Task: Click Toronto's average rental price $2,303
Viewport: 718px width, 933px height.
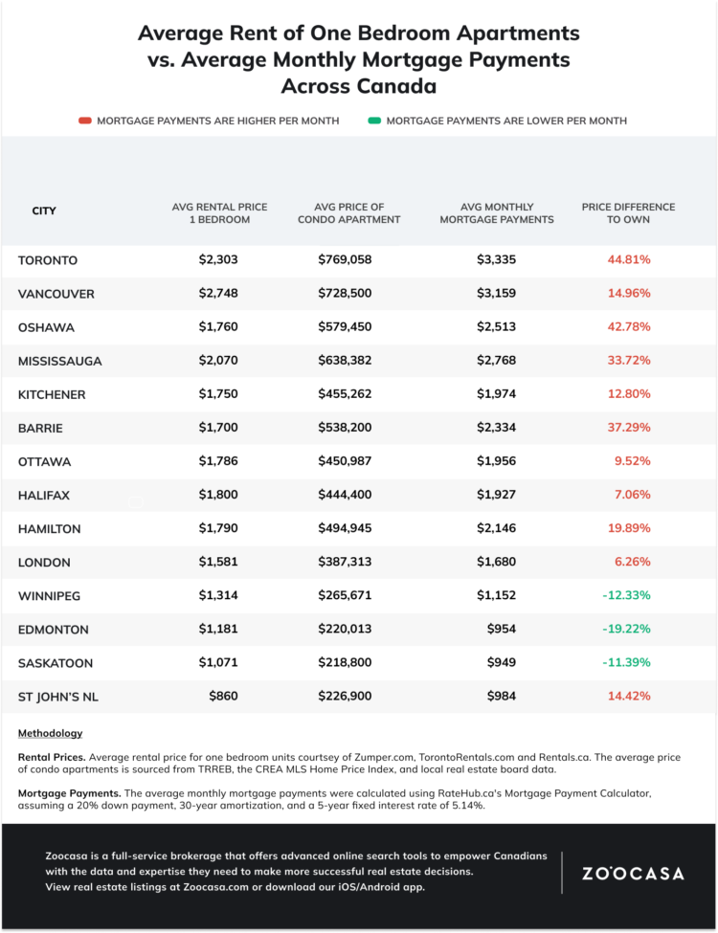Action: (x=218, y=259)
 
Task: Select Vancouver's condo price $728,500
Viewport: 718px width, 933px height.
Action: (x=345, y=293)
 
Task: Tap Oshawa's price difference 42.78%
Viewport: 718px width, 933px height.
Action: (x=629, y=326)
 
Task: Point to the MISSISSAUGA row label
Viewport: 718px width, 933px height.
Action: (x=59, y=361)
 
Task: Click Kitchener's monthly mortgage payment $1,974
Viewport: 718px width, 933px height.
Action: (x=496, y=394)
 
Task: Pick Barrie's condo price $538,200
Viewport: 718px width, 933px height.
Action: (x=345, y=427)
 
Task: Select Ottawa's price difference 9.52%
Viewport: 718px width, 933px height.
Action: (x=632, y=461)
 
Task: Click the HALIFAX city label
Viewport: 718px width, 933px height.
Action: (x=43, y=495)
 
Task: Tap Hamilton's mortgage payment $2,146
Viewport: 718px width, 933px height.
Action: (x=496, y=528)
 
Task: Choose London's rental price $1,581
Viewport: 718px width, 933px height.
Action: (x=218, y=562)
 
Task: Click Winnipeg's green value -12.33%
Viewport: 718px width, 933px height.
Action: (x=626, y=595)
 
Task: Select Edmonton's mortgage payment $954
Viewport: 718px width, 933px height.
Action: (x=502, y=629)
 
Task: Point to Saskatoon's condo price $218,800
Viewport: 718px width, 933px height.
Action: (x=345, y=662)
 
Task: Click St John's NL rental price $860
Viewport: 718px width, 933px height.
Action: (x=223, y=697)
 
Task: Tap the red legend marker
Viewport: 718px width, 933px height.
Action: (x=84, y=121)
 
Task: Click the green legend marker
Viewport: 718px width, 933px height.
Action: (x=374, y=121)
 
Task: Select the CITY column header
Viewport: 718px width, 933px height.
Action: (x=44, y=211)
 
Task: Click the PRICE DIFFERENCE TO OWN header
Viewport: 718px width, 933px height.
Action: (x=628, y=213)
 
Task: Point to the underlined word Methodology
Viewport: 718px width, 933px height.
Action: (x=50, y=733)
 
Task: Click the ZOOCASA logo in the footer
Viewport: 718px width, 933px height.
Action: (x=633, y=874)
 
